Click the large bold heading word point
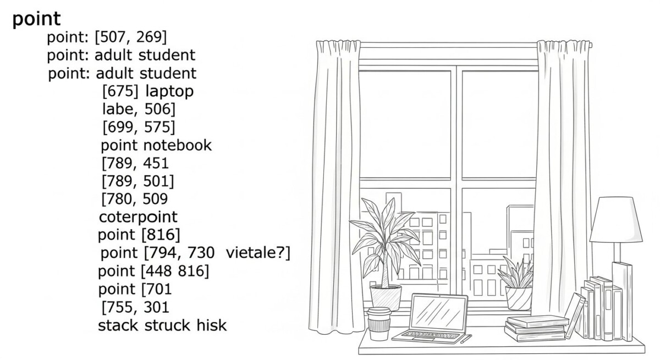(x=36, y=19)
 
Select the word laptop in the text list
(x=169, y=91)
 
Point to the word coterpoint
(x=138, y=217)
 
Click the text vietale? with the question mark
(x=258, y=253)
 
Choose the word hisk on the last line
(x=211, y=325)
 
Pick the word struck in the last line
(x=168, y=325)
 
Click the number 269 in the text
(x=151, y=37)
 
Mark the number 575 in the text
(x=159, y=128)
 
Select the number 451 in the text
(x=155, y=163)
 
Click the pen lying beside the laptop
(x=466, y=339)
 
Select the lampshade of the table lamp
(x=616, y=220)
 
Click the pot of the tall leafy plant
(x=386, y=297)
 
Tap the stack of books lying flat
(x=536, y=328)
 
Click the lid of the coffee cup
(x=379, y=312)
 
